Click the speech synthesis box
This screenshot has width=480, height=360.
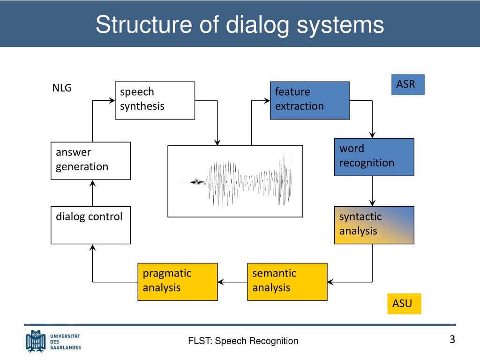155,100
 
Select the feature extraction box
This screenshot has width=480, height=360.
310,100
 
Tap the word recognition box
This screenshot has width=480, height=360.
374,157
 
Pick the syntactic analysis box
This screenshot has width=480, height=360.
374,225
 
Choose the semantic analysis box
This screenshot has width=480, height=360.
287,282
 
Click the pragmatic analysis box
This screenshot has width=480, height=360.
178,282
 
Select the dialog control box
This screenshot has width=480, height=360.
90,225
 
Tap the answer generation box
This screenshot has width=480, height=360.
90,161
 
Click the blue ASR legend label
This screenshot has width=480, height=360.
408,84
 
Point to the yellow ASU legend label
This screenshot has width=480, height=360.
404,304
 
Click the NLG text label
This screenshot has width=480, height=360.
62,88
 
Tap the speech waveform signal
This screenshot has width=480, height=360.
235,181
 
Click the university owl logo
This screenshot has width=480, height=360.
36,341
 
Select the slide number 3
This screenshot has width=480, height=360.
452,339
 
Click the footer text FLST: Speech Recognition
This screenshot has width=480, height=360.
243,341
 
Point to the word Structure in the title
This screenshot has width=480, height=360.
144,24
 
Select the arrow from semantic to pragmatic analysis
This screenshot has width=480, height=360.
232,282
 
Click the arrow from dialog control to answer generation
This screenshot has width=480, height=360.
92,193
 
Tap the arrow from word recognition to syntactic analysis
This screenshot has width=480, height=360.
372,191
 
